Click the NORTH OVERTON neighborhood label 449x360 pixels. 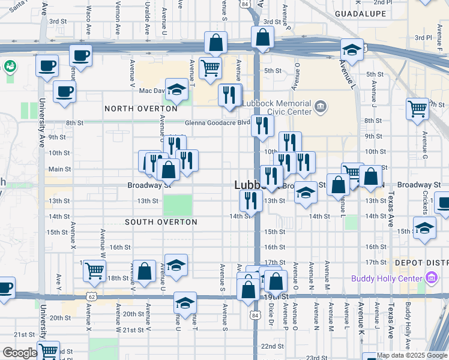click(x=141, y=109)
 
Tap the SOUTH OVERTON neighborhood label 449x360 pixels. click(x=161, y=222)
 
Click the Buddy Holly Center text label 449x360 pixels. click(x=387, y=278)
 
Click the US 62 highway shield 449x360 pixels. click(x=91, y=296)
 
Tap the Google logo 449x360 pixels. click(x=19, y=353)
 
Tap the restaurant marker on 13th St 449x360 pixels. click(x=250, y=200)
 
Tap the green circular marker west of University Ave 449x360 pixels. click(x=10, y=66)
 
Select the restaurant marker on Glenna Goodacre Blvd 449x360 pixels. click(x=262, y=125)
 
